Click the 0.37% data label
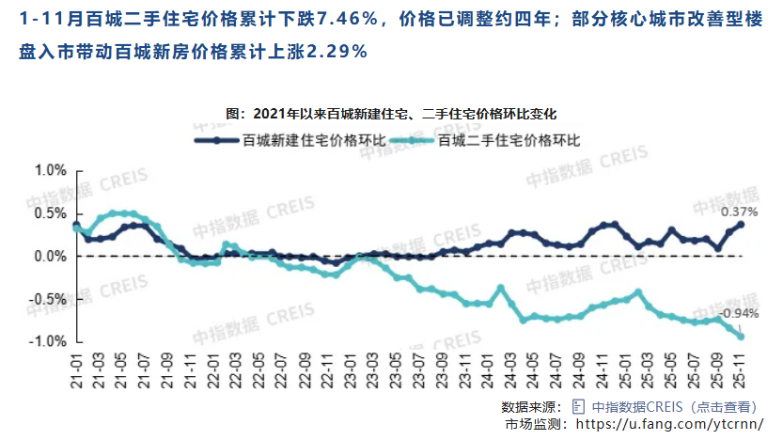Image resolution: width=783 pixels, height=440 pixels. click(x=738, y=212)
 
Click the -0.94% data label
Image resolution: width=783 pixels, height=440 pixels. click(x=738, y=313)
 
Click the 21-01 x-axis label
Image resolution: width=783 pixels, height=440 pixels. click(x=76, y=367)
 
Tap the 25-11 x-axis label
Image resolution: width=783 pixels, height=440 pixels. click(x=741, y=367)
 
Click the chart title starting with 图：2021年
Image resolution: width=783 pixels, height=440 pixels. click(x=392, y=114)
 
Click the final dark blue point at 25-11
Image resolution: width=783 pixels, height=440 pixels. click(x=741, y=224)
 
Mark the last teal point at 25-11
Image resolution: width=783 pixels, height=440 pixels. click(x=741, y=337)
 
